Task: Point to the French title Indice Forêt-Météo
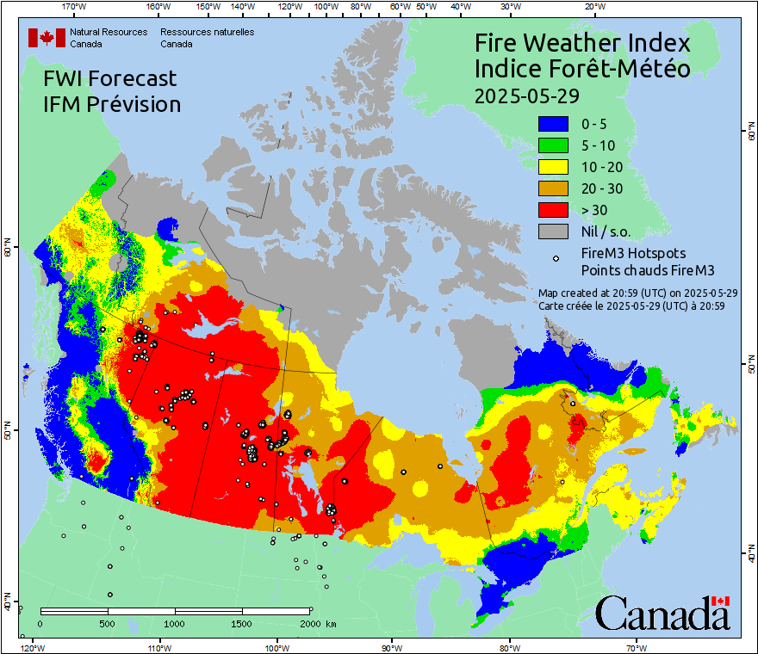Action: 582,69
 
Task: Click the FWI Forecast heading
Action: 109,78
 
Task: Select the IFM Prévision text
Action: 112,104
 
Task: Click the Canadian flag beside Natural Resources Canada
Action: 47,38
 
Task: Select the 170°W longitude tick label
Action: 75,7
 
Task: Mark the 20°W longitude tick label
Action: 593,7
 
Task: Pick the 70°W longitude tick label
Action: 636,646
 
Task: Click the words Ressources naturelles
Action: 207,32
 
